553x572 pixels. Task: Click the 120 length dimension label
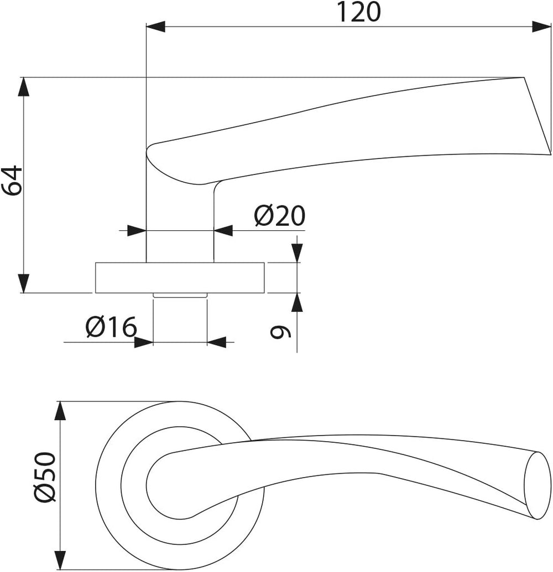click(x=358, y=12)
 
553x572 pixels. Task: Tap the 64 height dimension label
click(x=12, y=180)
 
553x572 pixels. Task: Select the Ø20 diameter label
click(x=279, y=215)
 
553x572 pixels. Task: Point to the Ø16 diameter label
click(x=111, y=327)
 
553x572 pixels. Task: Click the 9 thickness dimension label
click(x=280, y=332)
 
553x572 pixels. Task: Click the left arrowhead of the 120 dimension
click(x=155, y=27)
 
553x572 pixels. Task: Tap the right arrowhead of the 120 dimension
click(x=541, y=27)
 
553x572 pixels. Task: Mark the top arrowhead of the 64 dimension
click(x=24, y=87)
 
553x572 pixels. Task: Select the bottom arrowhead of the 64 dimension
click(x=24, y=283)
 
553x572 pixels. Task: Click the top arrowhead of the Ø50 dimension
click(x=60, y=411)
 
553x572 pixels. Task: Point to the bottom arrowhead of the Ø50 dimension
click(x=60, y=560)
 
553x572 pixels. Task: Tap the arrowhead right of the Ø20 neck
click(x=223, y=231)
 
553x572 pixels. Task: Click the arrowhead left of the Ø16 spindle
click(x=144, y=342)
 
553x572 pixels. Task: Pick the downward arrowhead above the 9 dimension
click(x=298, y=253)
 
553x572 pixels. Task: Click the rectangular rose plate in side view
click(x=180, y=278)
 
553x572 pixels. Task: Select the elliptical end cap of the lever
click(x=537, y=485)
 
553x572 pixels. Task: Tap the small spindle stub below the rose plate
click(x=180, y=295)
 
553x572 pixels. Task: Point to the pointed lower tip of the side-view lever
click(x=550, y=154)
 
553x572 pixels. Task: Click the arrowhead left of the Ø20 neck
click(x=137, y=231)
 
